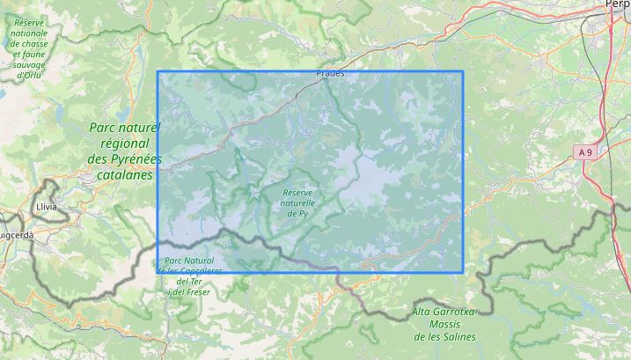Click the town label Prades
330,74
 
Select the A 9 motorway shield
586,152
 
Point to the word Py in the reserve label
303,213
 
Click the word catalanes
125,174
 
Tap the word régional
125,143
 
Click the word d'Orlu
29,75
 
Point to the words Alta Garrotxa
444,312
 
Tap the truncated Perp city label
618,4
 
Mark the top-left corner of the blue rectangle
158,71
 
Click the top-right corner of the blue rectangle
463,71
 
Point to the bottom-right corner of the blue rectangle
463,272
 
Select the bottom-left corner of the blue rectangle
158,272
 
